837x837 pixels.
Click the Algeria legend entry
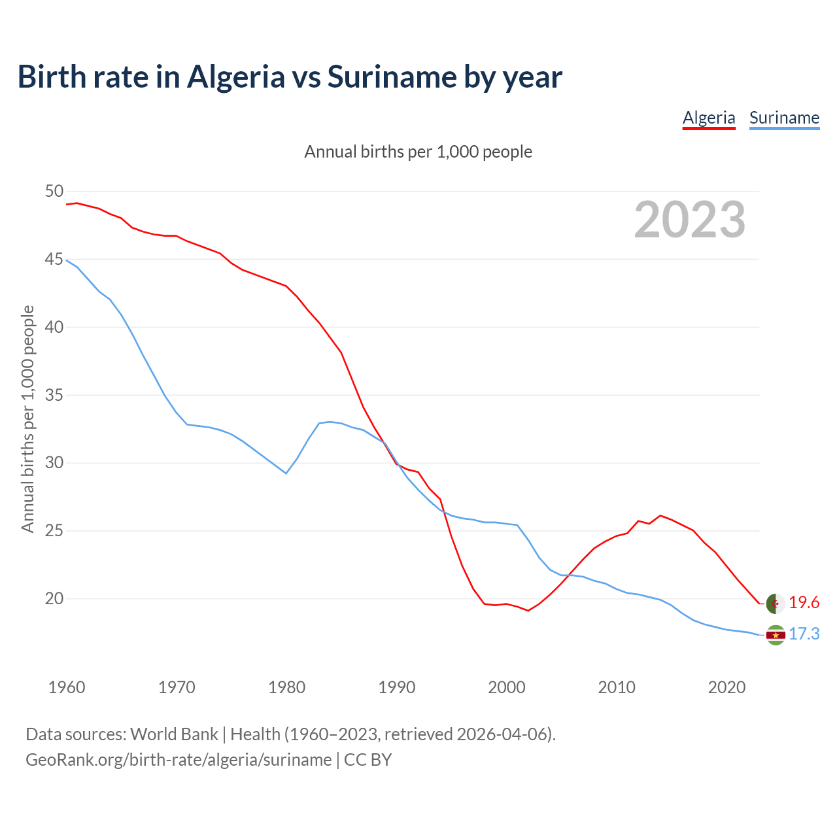click(x=709, y=118)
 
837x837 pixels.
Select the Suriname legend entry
click(x=784, y=118)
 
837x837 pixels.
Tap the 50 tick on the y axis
click(x=54, y=192)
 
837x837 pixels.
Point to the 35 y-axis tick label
click(x=54, y=395)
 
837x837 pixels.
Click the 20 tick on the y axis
click(x=54, y=599)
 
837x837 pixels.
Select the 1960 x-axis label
click(x=67, y=687)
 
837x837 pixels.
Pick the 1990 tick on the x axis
click(x=397, y=687)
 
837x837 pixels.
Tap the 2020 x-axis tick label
click(x=727, y=687)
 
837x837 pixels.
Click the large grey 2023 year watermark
click(x=690, y=220)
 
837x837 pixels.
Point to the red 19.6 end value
click(x=804, y=603)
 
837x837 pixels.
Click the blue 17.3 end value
click(x=804, y=634)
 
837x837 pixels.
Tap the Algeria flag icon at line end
click(x=775, y=603)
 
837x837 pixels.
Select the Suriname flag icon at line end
click(x=775, y=635)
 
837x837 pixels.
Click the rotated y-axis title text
click(x=27, y=418)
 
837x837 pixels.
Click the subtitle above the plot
click(x=418, y=152)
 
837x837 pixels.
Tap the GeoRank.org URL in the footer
click(x=179, y=760)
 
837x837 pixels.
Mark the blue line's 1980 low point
click(x=286, y=473)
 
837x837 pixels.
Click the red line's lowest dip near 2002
click(x=528, y=611)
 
